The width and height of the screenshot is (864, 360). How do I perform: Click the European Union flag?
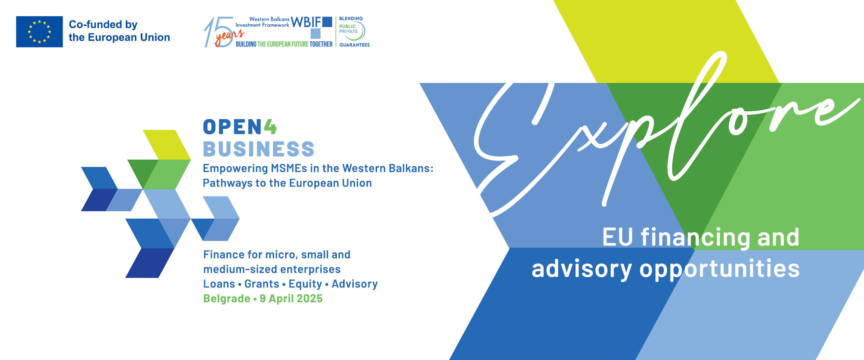tap(39, 32)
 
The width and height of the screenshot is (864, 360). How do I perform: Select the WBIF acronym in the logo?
tap(306, 22)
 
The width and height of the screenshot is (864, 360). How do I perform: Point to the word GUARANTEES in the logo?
tap(354, 45)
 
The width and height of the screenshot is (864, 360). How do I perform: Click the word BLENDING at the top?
tap(351, 19)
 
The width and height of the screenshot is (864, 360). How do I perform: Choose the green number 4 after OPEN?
tap(270, 127)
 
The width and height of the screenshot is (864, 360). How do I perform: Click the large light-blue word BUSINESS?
tap(259, 149)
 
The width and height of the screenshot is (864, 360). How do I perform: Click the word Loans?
tap(219, 284)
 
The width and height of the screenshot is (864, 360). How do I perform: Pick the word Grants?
tap(262, 284)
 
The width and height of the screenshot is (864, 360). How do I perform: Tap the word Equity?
tap(305, 284)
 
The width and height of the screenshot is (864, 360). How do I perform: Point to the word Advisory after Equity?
tap(355, 284)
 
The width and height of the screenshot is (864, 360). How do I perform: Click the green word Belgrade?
tap(227, 299)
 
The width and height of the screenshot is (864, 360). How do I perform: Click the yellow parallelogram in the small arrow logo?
tap(167, 145)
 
